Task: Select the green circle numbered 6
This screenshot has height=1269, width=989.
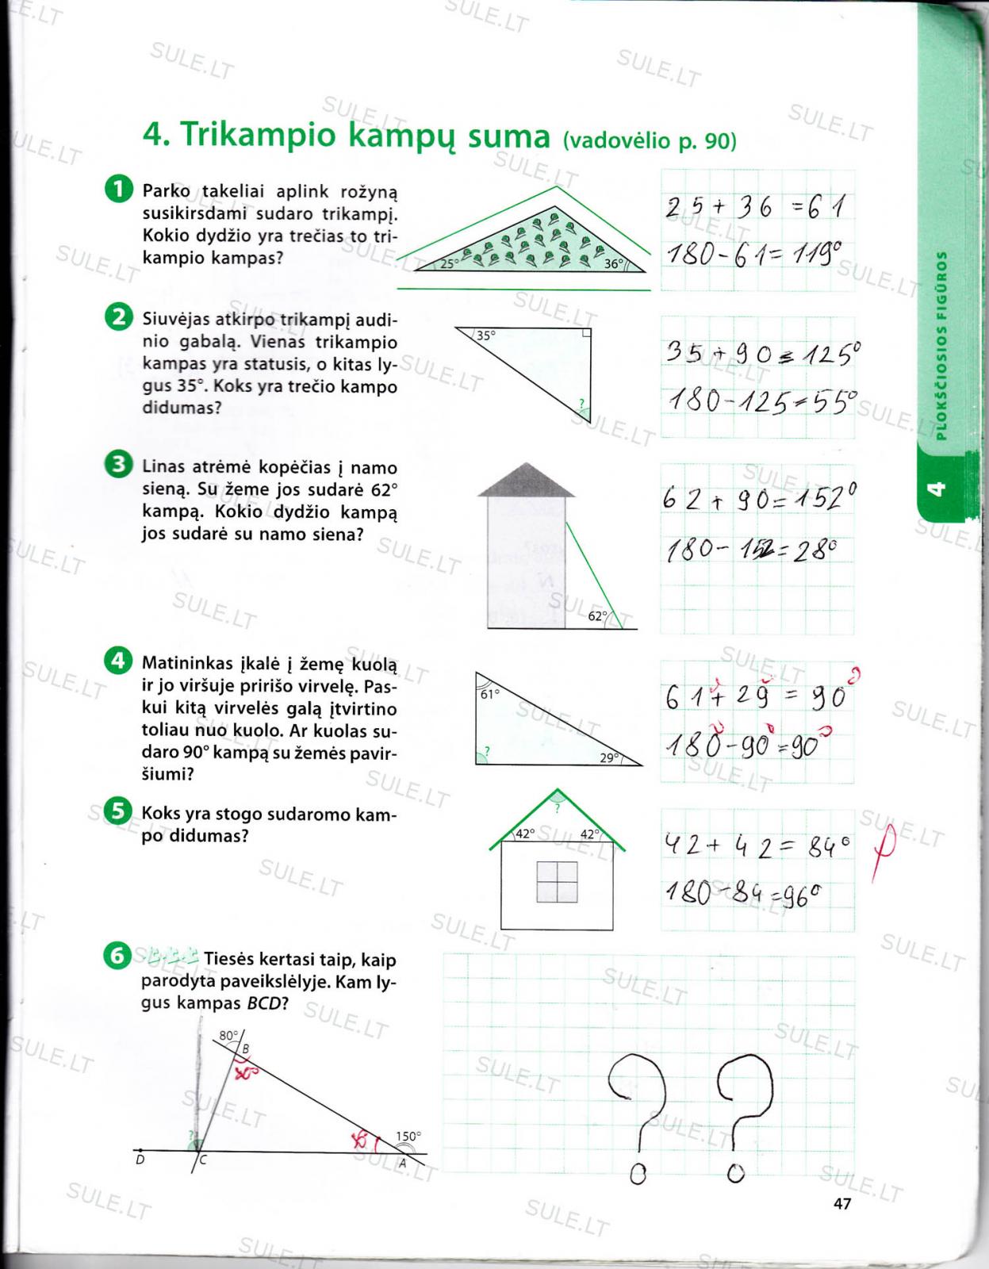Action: (x=117, y=957)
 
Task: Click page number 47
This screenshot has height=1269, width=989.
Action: (x=842, y=1203)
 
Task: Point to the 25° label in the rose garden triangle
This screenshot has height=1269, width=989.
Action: (x=450, y=263)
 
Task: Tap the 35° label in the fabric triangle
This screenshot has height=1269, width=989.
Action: (x=485, y=335)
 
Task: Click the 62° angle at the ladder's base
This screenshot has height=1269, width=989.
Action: (x=598, y=615)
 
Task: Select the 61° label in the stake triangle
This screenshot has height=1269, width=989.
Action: (x=490, y=694)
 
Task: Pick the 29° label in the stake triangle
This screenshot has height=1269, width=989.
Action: (x=609, y=757)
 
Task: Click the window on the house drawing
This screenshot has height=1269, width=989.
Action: (x=557, y=882)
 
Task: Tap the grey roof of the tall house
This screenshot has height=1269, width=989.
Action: (x=526, y=480)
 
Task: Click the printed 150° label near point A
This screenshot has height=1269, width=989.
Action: (x=408, y=1136)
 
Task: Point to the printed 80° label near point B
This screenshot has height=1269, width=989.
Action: (x=228, y=1035)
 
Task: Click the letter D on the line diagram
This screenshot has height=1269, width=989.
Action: (x=140, y=1161)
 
